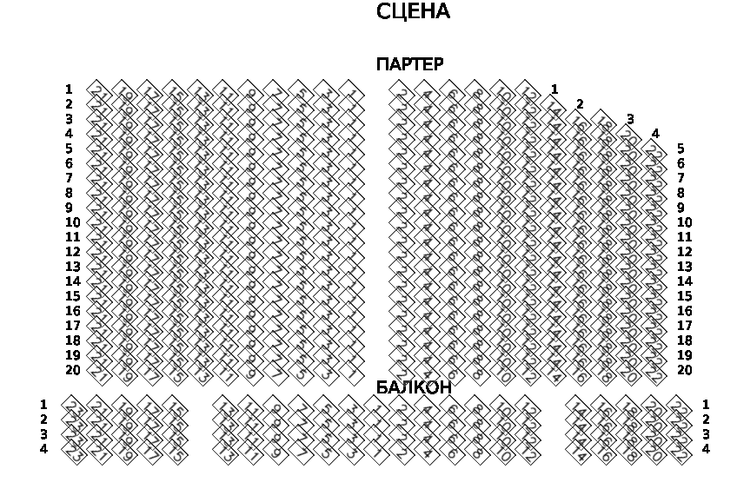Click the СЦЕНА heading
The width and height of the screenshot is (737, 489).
coord(413,12)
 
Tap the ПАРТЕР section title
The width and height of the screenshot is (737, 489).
coord(409,64)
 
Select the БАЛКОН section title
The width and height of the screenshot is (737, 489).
coord(414,387)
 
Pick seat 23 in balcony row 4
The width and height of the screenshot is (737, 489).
coord(74,449)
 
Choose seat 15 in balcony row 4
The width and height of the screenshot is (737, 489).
coord(175,449)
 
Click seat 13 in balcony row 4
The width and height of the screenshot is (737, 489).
coord(225,449)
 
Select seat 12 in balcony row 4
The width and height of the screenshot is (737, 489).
coord(528,449)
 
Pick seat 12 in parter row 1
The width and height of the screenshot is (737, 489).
coord(528,89)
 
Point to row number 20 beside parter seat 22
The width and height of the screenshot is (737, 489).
coord(684,370)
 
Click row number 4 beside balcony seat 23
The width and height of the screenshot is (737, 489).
coord(43,449)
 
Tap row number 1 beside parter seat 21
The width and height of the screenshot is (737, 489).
coord(69,89)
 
